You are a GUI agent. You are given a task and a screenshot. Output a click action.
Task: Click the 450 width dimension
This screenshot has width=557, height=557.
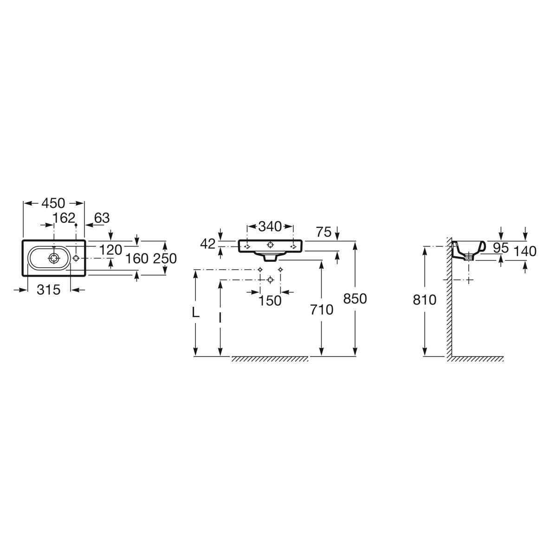point(53,203)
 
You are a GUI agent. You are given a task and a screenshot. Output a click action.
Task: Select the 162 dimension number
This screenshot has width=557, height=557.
point(64,218)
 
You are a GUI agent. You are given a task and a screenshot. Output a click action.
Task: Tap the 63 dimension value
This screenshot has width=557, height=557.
point(102,218)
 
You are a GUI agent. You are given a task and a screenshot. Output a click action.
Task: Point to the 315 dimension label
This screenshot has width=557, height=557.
point(49,290)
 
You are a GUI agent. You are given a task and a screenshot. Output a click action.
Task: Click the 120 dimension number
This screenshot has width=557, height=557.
point(111,250)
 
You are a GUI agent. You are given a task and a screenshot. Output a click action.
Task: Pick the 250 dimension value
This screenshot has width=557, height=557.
point(165,259)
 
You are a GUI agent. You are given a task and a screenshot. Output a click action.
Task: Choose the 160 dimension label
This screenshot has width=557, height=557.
point(137,259)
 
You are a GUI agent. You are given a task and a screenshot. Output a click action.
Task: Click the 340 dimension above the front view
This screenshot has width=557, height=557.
point(270,227)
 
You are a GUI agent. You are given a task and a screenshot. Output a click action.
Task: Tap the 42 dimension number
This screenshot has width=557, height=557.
point(208,244)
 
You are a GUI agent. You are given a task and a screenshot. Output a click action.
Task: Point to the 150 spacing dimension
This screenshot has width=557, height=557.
point(270,301)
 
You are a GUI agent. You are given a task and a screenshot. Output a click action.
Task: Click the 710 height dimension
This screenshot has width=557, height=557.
point(322,310)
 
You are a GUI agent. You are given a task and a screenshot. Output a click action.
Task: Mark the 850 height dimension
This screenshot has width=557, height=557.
point(355,299)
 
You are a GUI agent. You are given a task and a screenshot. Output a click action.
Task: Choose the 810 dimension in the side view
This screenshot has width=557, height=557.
point(425,300)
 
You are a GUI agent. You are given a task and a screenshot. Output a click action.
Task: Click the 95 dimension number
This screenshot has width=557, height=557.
point(501,248)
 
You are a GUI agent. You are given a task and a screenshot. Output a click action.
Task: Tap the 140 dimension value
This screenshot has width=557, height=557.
point(525,252)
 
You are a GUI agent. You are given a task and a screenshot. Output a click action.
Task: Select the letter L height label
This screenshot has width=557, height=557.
point(196,312)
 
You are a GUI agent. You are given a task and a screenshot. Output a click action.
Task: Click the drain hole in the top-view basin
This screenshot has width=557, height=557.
point(54,258)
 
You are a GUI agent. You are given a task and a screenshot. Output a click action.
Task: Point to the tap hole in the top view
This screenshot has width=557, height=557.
point(76,258)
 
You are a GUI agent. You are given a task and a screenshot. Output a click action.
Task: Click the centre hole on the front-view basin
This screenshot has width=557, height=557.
point(270,245)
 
